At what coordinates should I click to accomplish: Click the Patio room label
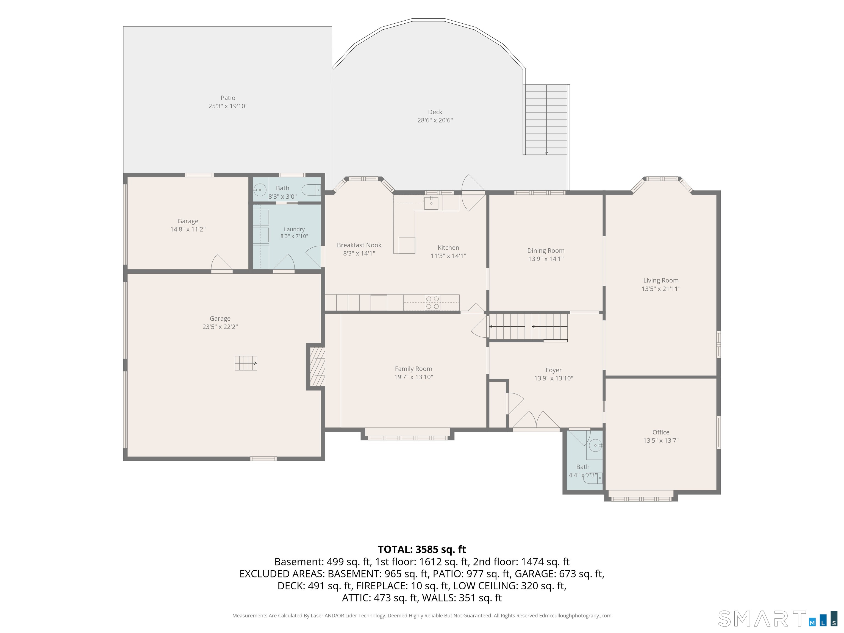click(x=228, y=98)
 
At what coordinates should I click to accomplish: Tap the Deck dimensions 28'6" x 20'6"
click(x=435, y=120)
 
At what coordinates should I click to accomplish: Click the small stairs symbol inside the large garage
click(x=246, y=363)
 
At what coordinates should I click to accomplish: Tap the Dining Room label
click(x=546, y=251)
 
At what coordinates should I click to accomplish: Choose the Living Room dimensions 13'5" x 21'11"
click(x=661, y=289)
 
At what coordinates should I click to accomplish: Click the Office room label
click(x=661, y=432)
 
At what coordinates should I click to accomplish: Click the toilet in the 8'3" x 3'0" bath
click(x=311, y=190)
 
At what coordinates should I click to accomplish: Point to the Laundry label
click(x=294, y=229)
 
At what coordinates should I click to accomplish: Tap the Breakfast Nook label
click(x=359, y=245)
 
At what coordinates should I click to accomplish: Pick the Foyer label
click(x=553, y=370)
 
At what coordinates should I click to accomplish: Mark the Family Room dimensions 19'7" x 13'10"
click(x=413, y=377)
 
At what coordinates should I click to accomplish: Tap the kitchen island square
click(x=407, y=245)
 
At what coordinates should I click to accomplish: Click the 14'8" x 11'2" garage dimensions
click(x=188, y=229)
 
